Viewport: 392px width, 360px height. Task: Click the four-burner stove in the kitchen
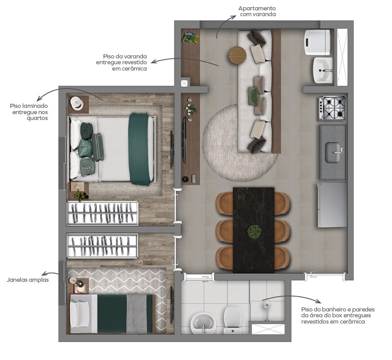click(x=332, y=108)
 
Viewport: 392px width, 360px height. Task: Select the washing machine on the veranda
click(x=318, y=42)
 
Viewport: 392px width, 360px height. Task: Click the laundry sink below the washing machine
click(x=323, y=70)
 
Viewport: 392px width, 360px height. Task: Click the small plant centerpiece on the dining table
click(x=254, y=231)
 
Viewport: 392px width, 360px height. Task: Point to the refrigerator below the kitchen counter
click(x=332, y=204)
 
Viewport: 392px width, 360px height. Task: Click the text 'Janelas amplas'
click(x=28, y=280)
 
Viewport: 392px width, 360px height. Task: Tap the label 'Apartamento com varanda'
click(x=257, y=12)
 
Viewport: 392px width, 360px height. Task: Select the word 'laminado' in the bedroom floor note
click(x=34, y=106)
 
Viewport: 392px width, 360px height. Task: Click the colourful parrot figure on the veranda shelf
click(x=191, y=38)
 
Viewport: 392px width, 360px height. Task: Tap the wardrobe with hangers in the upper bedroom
click(x=102, y=213)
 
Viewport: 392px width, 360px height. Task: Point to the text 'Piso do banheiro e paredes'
click(x=338, y=310)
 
